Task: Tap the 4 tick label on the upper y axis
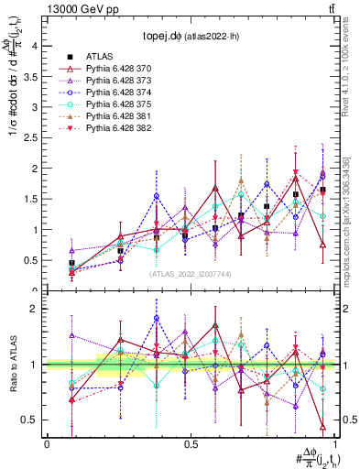(x=34, y=45)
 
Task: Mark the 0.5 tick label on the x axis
(x=189, y=443)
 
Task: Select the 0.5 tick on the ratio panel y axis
(x=29, y=420)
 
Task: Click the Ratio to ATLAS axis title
(x=12, y=365)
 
